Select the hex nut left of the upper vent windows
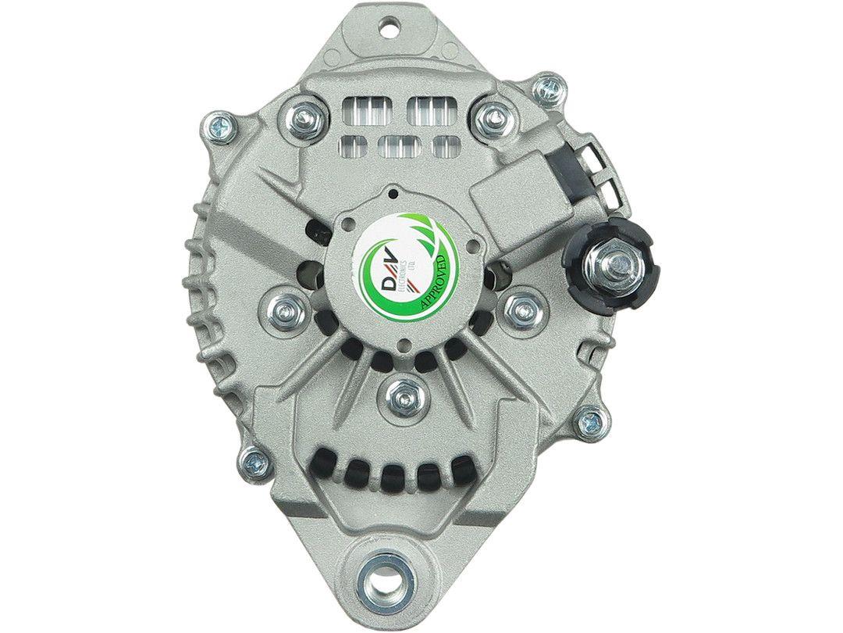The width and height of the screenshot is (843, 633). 302,117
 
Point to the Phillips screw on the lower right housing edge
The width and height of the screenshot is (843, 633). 589,422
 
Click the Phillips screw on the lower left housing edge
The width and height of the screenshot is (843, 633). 254,460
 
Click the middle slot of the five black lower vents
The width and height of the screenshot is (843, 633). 393,472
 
